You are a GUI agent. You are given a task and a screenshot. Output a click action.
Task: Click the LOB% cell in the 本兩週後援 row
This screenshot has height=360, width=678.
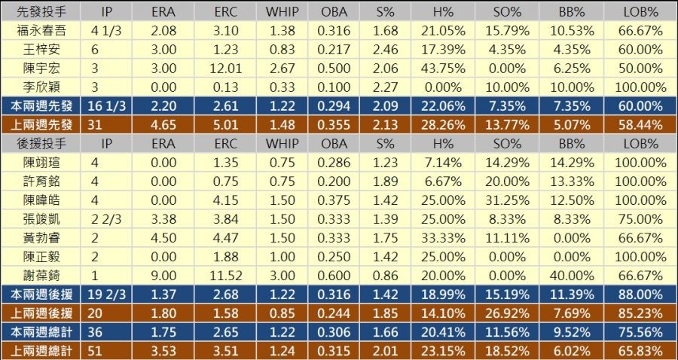643,294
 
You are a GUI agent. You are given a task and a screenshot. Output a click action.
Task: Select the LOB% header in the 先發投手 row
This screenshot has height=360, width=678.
643,12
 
